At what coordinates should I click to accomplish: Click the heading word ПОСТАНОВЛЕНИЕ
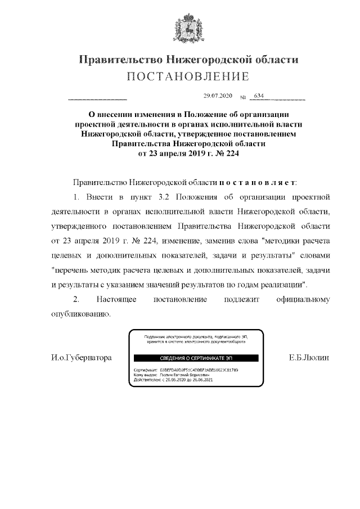[x=188, y=76]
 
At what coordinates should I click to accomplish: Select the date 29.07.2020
[x=217, y=96]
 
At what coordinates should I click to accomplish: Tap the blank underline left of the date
[x=97, y=100]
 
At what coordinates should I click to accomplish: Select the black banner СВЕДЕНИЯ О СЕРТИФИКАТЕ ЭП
[x=195, y=358]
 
